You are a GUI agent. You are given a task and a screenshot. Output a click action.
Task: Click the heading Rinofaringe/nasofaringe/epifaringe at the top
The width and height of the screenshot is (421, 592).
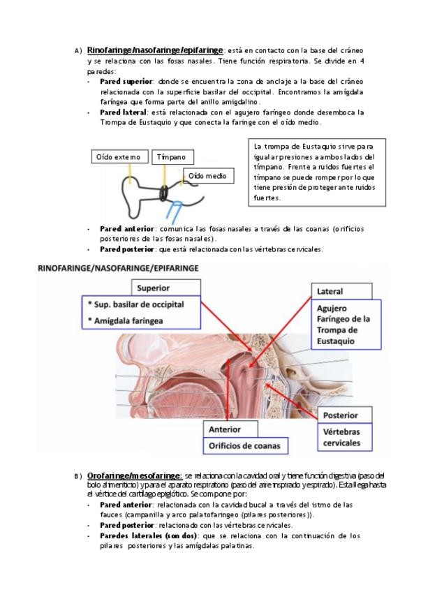coord(154,51)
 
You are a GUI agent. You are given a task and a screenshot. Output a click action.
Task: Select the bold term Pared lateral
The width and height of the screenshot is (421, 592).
coord(123,112)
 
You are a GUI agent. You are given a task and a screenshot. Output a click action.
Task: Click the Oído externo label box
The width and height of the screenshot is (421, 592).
coord(119,157)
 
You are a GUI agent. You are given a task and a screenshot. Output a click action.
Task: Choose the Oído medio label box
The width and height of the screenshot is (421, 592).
coord(207,176)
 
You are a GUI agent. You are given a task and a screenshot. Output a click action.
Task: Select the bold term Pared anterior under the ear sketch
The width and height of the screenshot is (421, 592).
coord(126,228)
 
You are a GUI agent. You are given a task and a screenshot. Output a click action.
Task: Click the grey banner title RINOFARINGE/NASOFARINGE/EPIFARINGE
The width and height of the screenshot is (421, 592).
coord(118,267)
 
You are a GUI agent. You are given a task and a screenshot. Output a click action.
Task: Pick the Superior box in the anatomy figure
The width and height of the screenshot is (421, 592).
coord(172,288)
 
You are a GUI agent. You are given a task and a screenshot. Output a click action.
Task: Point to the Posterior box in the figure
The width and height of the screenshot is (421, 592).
coord(341,415)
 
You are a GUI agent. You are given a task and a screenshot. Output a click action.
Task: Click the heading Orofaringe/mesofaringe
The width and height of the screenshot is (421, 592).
coord(134,475)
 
